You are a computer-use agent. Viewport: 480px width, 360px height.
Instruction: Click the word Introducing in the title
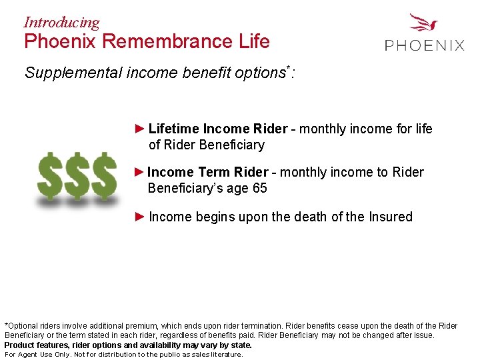click(x=61, y=22)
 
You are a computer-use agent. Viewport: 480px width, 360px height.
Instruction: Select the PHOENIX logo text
click(x=425, y=45)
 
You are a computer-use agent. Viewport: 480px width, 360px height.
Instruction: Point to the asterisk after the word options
click(x=287, y=68)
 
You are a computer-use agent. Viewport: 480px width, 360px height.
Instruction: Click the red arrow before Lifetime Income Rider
click(x=139, y=128)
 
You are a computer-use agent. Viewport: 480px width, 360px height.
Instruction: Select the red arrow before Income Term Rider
click(x=139, y=172)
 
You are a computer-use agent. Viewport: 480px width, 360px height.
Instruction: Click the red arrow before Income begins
click(x=139, y=217)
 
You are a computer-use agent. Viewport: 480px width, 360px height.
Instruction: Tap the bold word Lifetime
click(x=173, y=129)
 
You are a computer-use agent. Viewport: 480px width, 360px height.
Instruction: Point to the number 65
click(x=259, y=189)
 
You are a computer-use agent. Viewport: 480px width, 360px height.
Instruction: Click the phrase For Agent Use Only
click(x=36, y=355)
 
